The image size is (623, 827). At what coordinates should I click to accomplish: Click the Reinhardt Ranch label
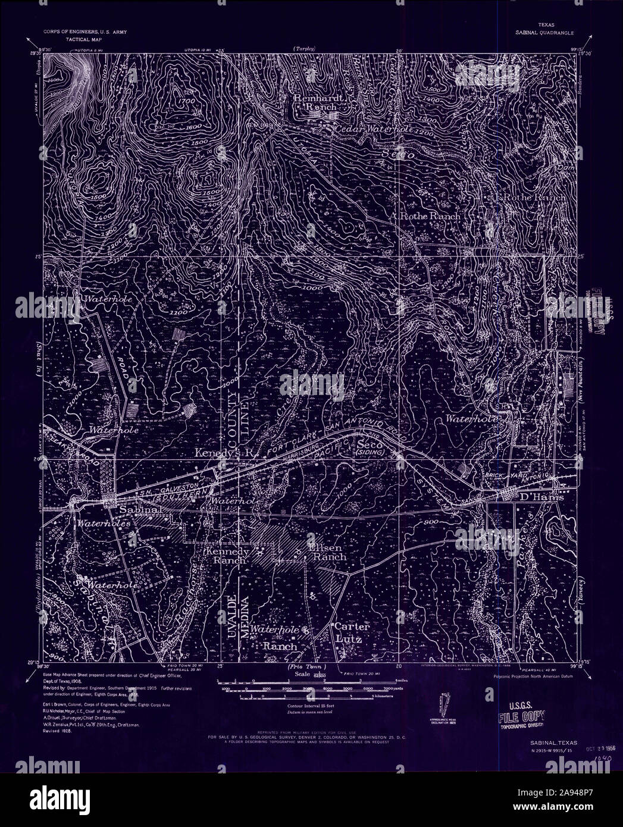click(314, 102)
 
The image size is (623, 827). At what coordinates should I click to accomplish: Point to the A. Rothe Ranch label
click(426, 217)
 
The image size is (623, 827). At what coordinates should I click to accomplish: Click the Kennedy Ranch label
click(227, 556)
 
